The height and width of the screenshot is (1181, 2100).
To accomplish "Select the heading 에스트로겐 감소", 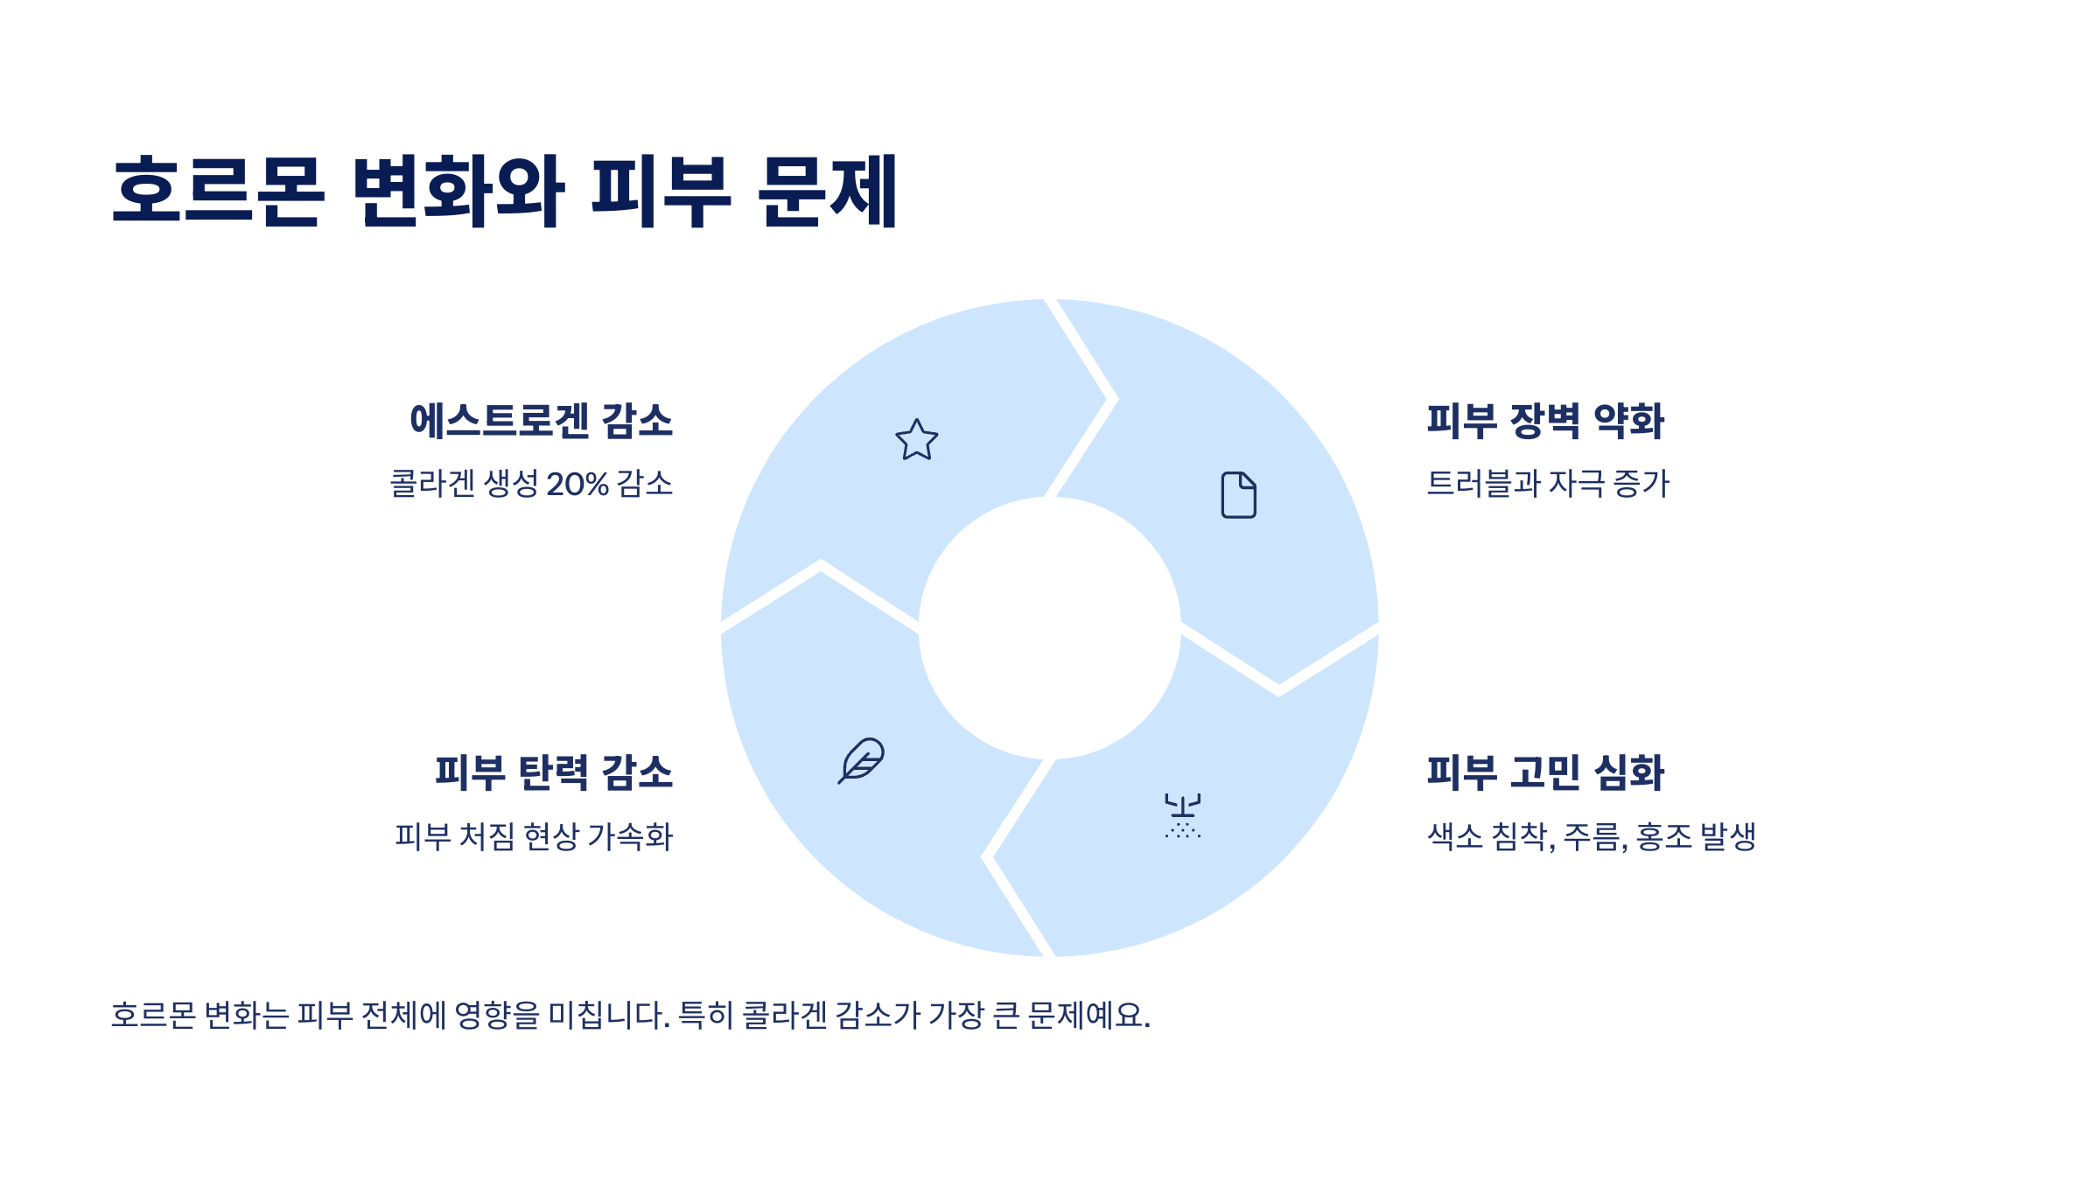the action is pos(541,421).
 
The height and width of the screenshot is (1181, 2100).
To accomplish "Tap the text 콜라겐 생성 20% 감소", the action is pos(531,484).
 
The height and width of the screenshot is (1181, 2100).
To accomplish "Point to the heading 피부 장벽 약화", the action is pos(1545,421).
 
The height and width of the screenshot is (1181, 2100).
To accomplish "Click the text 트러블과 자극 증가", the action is pos(1548,484).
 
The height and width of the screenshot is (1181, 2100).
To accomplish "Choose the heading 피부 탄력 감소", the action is pos(554,772).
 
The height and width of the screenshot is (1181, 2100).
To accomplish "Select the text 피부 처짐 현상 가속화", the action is pos(534,836).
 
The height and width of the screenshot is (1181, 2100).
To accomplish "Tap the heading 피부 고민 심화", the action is pos(1545,772).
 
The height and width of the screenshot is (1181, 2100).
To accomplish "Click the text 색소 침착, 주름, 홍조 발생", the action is pos(1592,836).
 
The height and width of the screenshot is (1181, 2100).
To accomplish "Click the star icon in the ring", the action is pos(916,439).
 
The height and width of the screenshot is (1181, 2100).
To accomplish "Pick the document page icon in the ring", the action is pos(1238,495).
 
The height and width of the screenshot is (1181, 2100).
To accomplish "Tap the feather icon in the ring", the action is pos(862,760).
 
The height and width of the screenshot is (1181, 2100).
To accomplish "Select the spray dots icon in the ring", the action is pos(1182,816).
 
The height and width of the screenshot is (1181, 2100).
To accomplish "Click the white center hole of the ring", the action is pos(1049,628).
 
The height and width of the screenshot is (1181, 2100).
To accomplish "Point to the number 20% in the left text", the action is pos(577,484).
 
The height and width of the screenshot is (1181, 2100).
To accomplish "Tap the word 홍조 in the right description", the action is pos(1663,836).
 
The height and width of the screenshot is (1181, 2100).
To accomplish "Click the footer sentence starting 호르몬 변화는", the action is pos(630,1015).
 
